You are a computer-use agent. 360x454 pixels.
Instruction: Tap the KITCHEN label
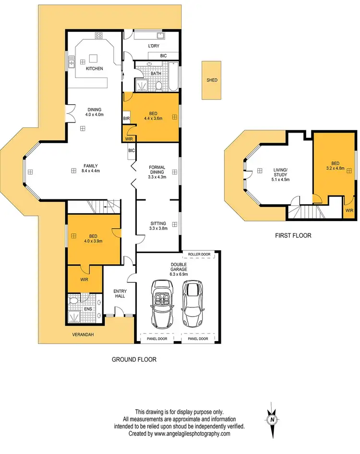[95, 69]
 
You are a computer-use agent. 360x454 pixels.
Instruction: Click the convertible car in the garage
[161, 303]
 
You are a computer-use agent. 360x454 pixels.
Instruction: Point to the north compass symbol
[273, 419]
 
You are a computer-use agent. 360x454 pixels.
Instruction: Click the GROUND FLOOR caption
[134, 359]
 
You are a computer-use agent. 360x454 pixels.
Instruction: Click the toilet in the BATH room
[158, 86]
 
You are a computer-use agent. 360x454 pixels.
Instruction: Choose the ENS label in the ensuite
[88, 309]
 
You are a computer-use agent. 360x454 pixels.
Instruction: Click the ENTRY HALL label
[120, 294]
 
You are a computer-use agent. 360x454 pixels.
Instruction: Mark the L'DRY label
[153, 46]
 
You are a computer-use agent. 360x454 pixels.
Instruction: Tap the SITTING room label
[157, 226]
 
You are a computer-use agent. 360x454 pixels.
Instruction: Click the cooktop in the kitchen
[99, 35]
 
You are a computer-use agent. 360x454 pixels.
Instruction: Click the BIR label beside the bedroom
[127, 118]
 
